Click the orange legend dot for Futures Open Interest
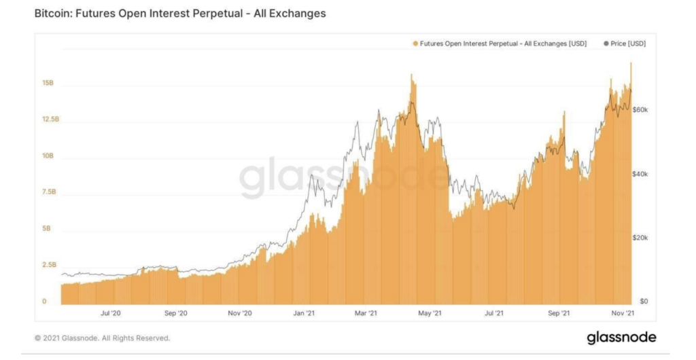click(x=415, y=43)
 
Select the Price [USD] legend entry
click(x=624, y=43)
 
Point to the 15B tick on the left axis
click(x=48, y=83)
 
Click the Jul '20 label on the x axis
click(x=111, y=313)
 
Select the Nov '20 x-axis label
click(x=239, y=313)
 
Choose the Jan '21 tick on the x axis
click(x=302, y=313)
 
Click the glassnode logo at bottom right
click(x=621, y=338)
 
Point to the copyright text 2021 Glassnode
click(x=102, y=338)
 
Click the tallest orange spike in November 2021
click(x=631, y=64)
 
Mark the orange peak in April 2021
click(x=412, y=75)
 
